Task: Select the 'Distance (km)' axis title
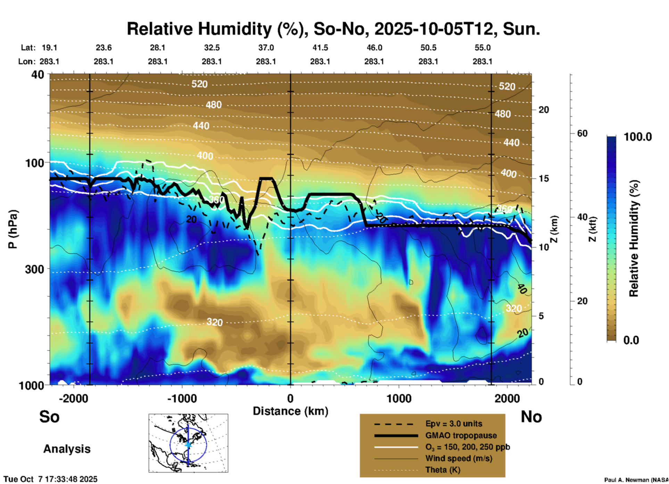tap(290, 411)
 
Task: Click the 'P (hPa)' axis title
tap(13, 229)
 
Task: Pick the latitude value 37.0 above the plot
tap(266, 48)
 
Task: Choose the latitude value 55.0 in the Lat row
tap(482, 48)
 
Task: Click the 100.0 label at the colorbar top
tap(638, 137)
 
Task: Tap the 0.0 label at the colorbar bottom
tap(631, 340)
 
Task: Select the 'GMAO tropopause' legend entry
tap(461, 435)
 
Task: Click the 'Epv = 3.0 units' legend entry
tap(454, 424)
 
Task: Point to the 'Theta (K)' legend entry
tap(443, 470)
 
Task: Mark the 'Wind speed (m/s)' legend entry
tap(459, 459)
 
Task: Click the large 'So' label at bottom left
tap(49, 417)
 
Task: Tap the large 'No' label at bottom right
tap(531, 417)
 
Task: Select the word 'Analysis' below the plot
tap(67, 449)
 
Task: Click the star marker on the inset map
tap(188, 444)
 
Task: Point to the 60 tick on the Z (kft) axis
tap(582, 134)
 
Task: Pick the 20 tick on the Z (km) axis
tap(544, 110)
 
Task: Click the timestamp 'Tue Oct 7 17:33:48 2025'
tap(51, 479)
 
